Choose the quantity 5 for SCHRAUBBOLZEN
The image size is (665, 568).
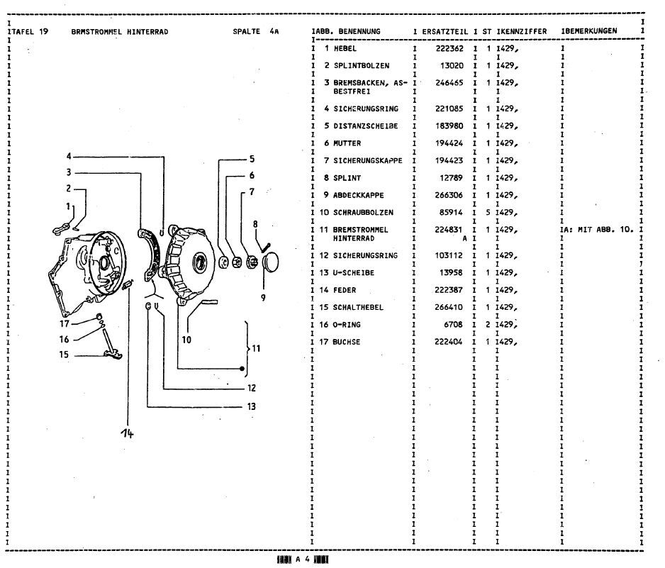point(488,212)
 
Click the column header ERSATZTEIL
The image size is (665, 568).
point(445,32)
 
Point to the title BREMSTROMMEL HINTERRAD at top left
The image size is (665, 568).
point(119,32)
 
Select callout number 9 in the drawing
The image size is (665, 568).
point(262,297)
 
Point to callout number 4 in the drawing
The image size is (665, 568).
point(69,156)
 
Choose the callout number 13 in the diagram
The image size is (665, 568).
point(252,407)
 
